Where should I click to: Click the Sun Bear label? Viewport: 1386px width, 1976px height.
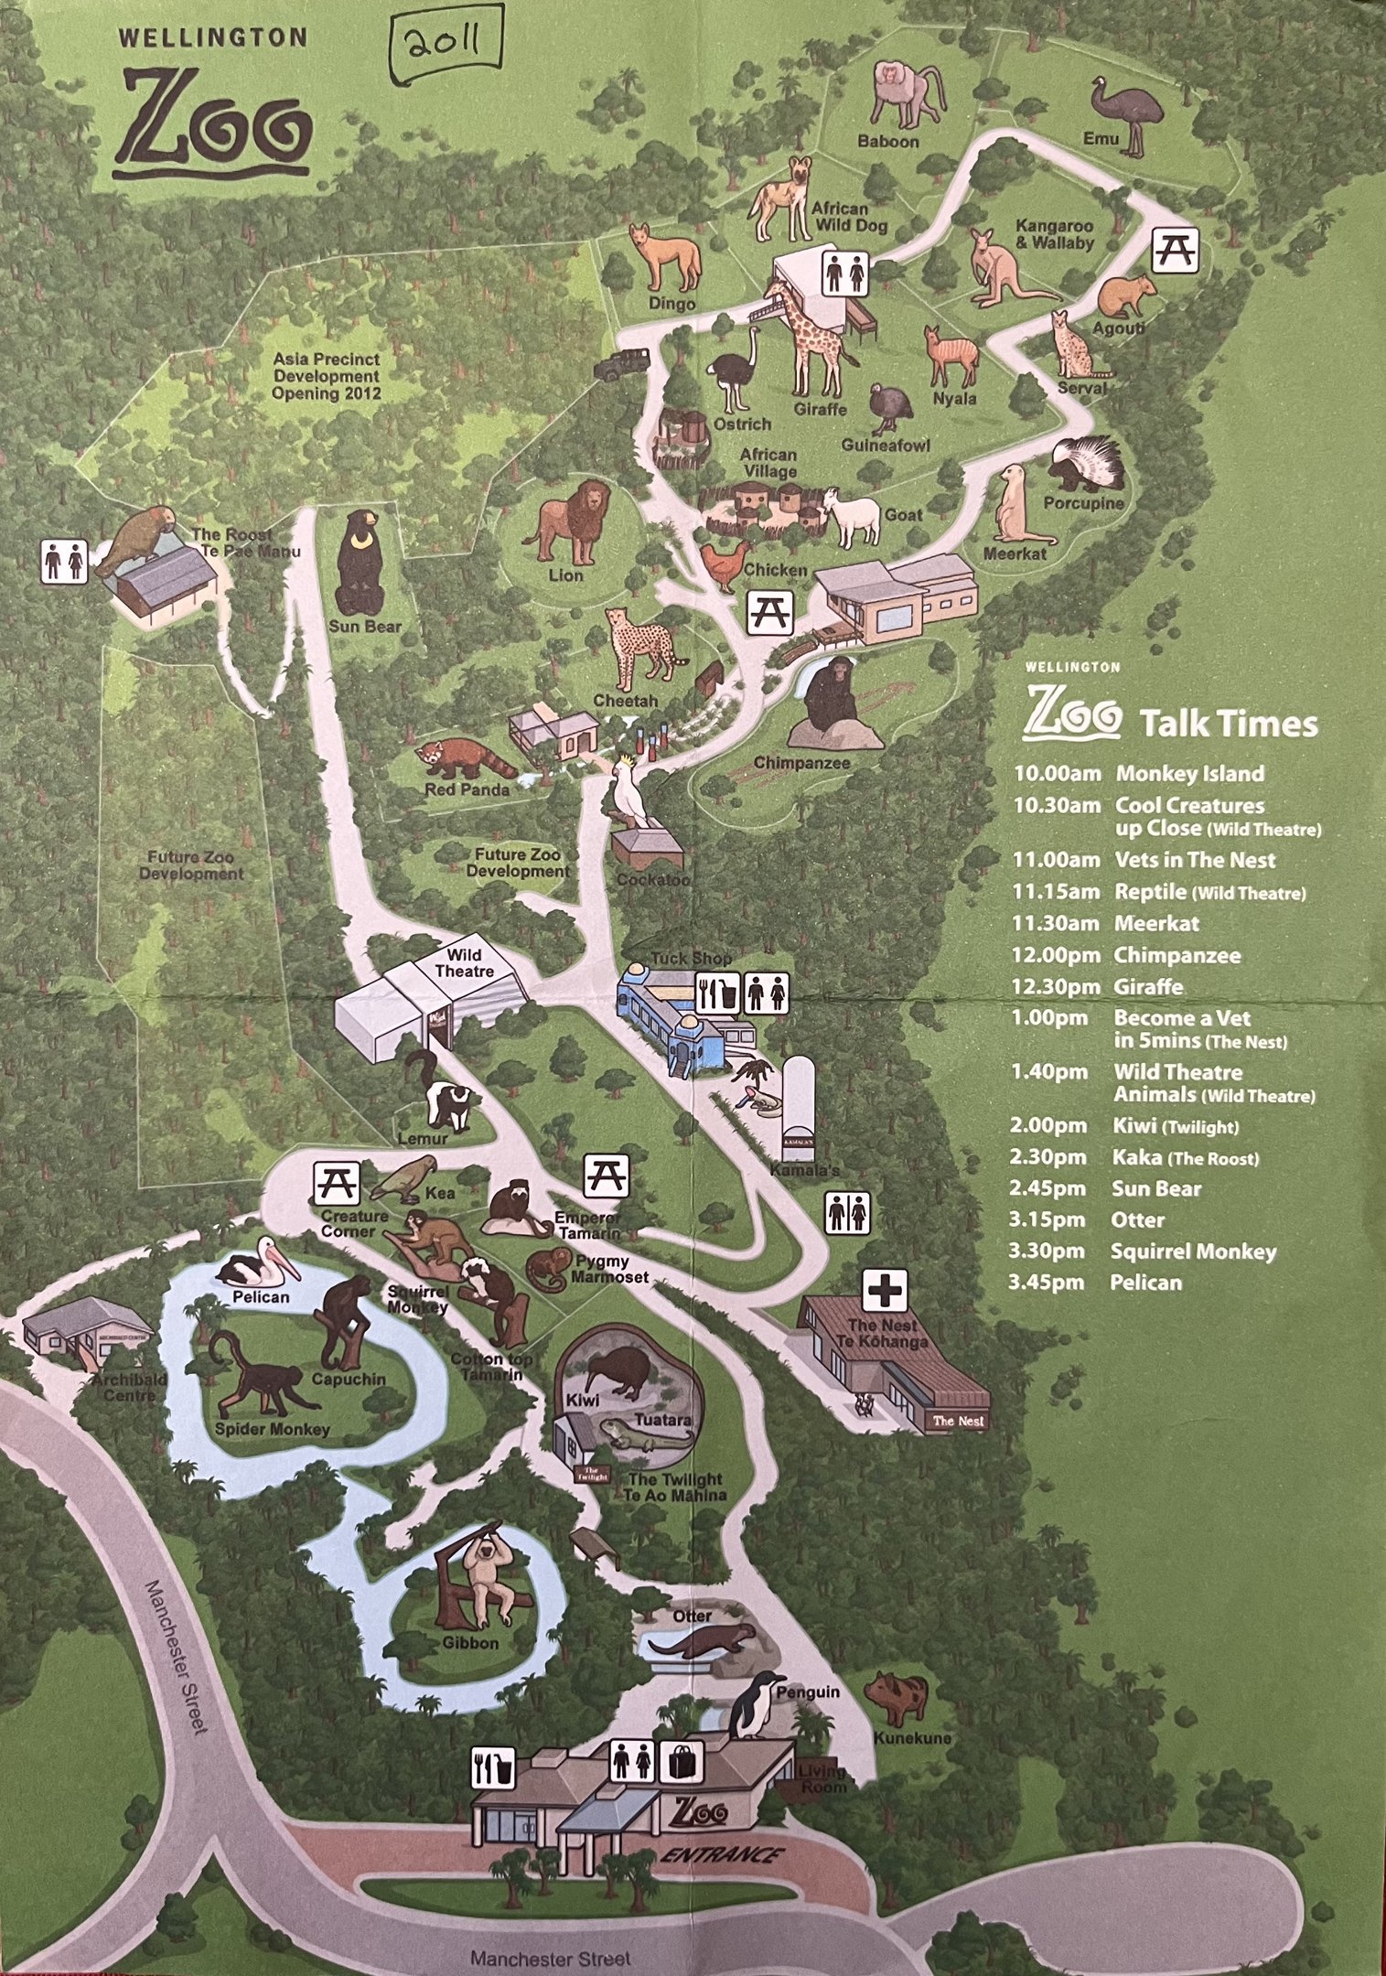coord(365,627)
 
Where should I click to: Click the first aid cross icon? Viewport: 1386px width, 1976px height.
coord(885,1291)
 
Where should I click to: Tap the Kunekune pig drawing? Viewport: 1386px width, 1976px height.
coord(897,1698)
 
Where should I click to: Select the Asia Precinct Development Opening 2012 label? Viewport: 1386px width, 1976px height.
coord(326,376)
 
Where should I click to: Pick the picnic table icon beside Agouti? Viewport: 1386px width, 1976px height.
coord(1173,248)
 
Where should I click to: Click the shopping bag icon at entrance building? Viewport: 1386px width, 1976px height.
coord(684,1761)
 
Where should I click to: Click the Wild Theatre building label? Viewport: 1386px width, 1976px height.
coord(465,963)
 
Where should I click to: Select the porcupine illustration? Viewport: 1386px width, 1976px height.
coord(1090,464)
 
